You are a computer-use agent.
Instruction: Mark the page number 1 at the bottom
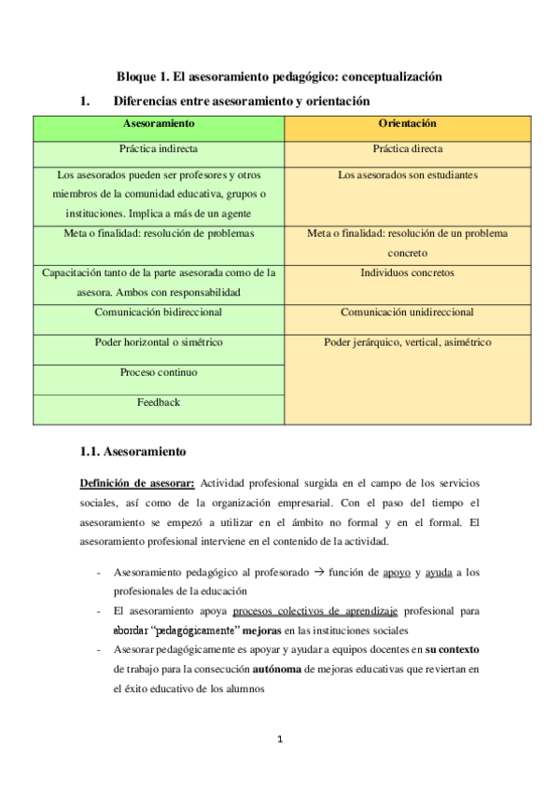pyautogui.click(x=279, y=741)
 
